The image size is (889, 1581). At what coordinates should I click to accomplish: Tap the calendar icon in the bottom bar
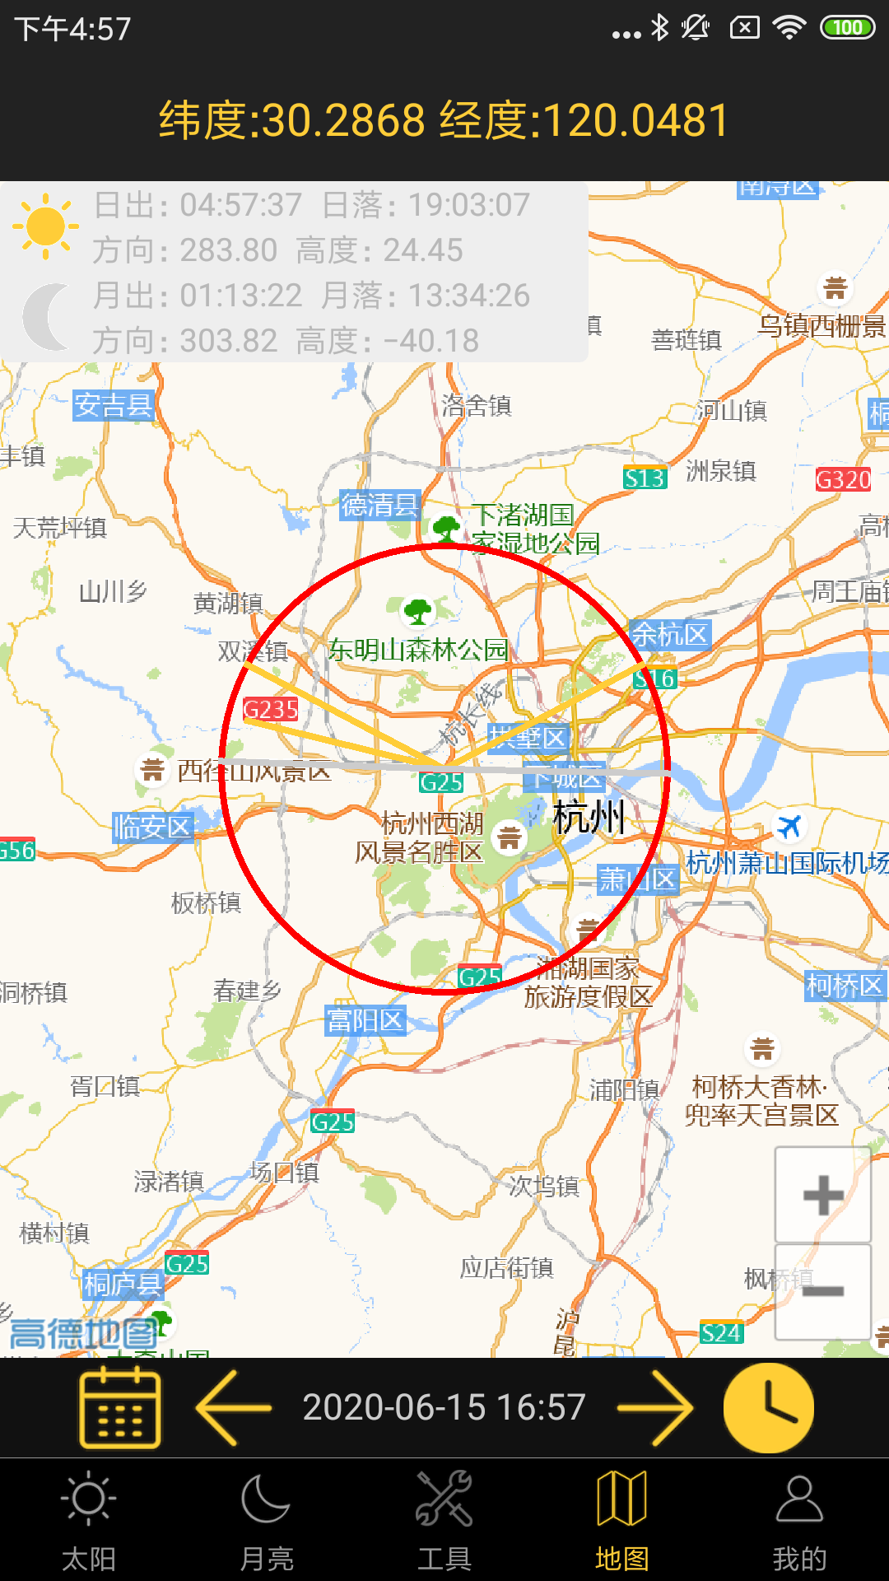click(120, 1407)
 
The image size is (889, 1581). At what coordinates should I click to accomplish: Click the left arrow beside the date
click(234, 1407)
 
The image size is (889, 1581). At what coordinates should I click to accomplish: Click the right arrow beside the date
click(655, 1407)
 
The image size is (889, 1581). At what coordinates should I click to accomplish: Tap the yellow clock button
click(769, 1407)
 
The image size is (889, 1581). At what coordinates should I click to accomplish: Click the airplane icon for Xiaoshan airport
click(789, 825)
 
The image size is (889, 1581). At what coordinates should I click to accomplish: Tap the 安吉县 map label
click(114, 405)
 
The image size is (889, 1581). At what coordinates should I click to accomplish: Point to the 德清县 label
click(380, 505)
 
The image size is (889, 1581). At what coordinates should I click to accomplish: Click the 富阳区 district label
click(365, 1021)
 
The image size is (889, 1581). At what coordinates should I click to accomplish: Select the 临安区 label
click(152, 827)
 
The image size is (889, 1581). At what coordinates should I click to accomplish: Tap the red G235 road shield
click(271, 709)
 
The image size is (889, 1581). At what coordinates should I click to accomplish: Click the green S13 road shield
click(645, 478)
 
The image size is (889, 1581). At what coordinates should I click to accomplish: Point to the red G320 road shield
click(843, 479)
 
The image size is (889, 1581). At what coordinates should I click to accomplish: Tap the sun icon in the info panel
click(45, 226)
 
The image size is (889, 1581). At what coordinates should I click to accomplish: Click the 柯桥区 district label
click(845, 986)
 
